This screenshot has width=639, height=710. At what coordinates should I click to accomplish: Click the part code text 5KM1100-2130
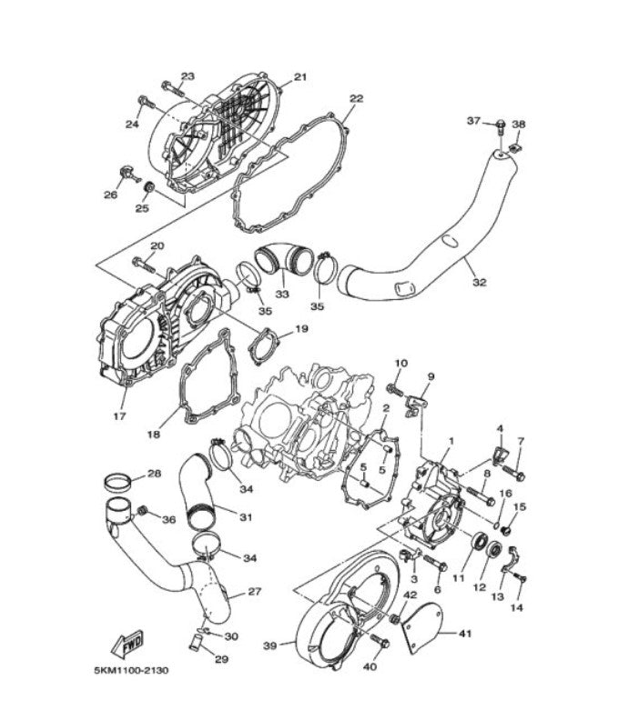pos(131,671)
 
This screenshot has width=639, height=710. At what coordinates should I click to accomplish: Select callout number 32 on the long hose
pos(480,282)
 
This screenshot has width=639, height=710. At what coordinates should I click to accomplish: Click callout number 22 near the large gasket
pos(356,98)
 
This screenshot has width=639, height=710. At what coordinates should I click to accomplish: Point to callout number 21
pos(299,77)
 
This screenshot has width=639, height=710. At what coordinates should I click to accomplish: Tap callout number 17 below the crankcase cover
pos(119,416)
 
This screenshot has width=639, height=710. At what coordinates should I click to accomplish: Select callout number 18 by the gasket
pos(154,434)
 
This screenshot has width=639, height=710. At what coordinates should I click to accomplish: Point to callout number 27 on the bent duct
pos(254,592)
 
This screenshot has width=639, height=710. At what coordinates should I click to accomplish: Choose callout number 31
pos(245,517)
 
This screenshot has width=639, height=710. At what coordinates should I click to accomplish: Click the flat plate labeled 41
pos(421,625)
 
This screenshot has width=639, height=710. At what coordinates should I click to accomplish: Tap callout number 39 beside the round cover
pos(269,645)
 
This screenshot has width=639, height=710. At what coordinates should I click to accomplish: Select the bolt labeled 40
pos(380,643)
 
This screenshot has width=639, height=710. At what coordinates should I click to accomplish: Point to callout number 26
pos(110,195)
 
